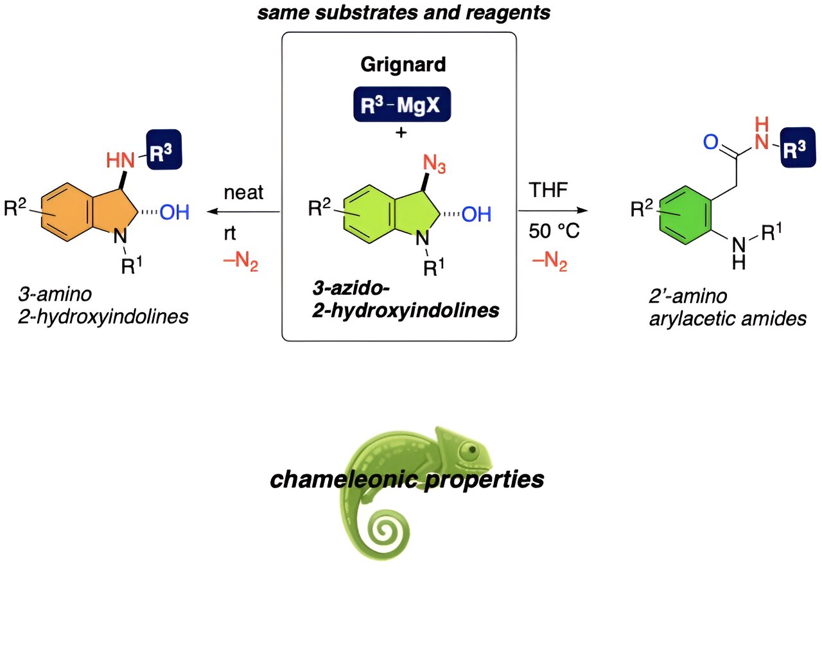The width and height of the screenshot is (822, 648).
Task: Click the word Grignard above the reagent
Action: coord(403,65)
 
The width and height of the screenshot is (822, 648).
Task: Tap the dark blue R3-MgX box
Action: coord(402,105)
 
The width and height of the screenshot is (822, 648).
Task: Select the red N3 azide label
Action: coord(434,164)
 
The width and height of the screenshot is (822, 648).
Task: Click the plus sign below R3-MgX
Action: coord(401,133)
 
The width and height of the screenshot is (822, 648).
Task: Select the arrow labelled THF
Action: coord(553,211)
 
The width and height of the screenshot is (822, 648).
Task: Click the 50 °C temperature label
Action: coord(554,231)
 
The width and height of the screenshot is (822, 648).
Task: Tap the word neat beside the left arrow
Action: coord(243,192)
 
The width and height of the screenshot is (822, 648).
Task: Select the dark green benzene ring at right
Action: coord(685,215)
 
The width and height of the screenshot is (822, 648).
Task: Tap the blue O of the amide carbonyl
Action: coord(710,142)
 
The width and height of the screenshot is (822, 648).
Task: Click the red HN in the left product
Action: coord(120,159)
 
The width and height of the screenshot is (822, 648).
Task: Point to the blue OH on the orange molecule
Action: coord(174,212)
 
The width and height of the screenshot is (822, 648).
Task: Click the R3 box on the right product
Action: coord(797,148)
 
